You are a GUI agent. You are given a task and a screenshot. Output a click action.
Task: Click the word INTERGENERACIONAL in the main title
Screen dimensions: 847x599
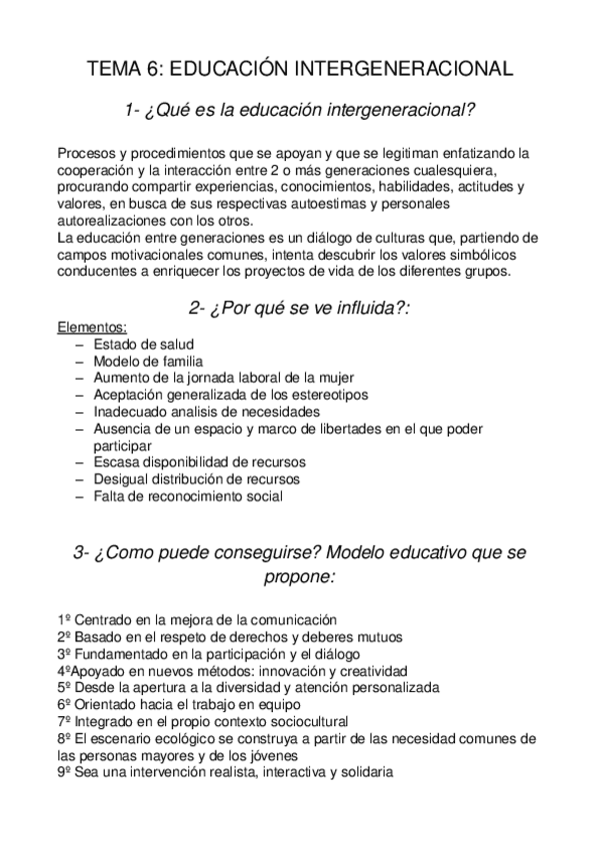coord(405,69)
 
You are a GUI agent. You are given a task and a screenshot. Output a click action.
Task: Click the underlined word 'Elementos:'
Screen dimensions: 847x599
coord(91,327)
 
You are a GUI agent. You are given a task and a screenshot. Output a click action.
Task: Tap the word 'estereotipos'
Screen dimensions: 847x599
coord(325,395)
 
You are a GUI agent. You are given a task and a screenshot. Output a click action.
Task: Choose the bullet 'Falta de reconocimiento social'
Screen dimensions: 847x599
coord(188,496)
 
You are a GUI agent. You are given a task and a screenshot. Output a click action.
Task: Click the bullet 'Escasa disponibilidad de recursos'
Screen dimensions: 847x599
coord(199,462)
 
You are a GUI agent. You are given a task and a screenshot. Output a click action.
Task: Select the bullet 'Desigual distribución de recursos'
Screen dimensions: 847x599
coord(196,479)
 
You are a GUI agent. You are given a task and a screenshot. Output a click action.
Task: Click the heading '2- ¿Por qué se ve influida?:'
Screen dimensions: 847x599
coord(300,308)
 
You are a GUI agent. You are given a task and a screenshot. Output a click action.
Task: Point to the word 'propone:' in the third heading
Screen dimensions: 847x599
coord(300,577)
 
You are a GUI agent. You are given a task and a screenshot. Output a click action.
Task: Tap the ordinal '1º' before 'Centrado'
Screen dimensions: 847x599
coord(64,619)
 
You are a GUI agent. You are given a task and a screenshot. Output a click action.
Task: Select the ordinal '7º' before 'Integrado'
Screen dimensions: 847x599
coord(64,721)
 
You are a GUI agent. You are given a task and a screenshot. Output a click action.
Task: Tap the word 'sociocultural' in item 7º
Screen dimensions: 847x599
coord(302,721)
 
